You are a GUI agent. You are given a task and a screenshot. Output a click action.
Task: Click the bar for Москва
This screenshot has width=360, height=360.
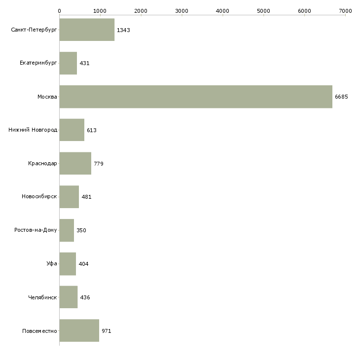pos(196,97)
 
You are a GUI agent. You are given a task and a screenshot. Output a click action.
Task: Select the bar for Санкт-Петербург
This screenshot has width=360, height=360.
pos(87,30)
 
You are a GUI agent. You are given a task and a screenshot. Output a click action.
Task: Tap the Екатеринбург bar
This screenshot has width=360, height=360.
pos(68,63)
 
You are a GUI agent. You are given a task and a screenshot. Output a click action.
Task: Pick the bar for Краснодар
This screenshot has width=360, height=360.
pos(75,163)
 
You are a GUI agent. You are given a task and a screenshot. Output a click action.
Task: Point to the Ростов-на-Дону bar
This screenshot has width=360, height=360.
pos(67,230)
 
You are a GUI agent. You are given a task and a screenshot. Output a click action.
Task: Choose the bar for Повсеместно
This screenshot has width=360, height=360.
pos(79,330)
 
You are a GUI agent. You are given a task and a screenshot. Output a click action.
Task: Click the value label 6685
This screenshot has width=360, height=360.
pos(341,97)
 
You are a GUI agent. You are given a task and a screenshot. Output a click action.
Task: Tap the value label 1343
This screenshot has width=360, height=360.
pos(123,30)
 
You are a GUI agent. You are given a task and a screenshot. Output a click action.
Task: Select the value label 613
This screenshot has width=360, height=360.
pos(92,130)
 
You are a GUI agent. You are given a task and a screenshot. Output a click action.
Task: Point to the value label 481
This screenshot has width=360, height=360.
pos(86,197)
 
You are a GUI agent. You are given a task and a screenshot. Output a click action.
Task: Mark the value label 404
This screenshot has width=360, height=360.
pos(83,264)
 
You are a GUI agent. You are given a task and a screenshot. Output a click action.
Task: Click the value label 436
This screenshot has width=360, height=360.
pos(85,297)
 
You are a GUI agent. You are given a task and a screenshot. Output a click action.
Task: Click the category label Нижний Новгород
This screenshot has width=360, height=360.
pos(33,130)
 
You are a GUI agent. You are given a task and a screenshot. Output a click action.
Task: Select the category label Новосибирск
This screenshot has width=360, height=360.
pos(39,197)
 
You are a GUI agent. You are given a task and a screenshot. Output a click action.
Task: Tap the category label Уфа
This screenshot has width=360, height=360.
pos(52,264)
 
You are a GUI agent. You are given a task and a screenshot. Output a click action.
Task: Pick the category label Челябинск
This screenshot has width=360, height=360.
pos(43,297)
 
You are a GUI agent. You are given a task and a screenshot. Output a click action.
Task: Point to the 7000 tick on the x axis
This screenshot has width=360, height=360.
pos(345,10)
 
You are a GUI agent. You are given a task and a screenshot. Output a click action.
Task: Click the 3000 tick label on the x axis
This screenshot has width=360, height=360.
pos(182,10)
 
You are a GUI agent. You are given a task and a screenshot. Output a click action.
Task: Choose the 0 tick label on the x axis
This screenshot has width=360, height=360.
pos(60,10)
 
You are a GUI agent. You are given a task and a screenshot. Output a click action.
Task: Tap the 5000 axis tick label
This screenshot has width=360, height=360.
pos(264,10)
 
